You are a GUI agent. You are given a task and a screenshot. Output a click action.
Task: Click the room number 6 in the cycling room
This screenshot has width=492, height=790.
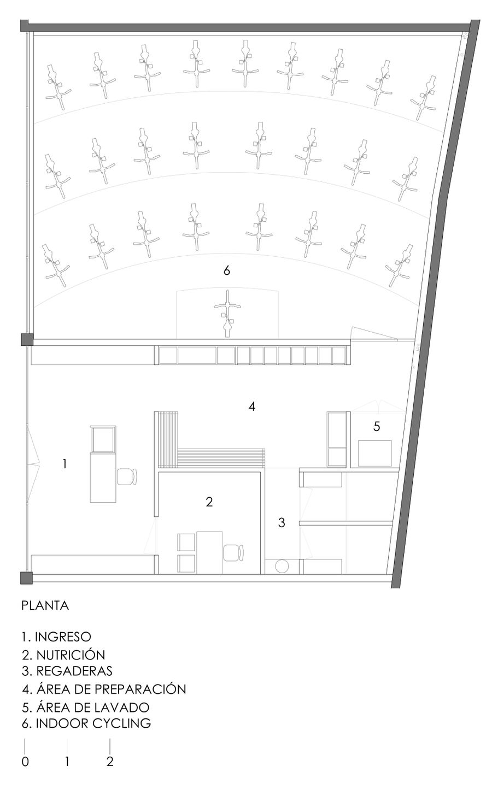[226, 270]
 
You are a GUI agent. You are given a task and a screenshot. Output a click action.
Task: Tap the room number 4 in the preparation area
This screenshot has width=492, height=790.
[251, 406]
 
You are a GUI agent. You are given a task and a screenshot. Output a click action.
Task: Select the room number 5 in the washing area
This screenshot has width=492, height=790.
[377, 426]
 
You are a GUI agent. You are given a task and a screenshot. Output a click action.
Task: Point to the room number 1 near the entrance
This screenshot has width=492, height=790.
[65, 464]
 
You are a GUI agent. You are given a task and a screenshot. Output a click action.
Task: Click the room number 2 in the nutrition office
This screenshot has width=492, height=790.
[209, 502]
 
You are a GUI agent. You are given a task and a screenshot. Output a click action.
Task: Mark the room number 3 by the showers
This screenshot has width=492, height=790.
[282, 522]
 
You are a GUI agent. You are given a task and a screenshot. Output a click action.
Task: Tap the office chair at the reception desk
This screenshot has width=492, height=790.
[126, 477]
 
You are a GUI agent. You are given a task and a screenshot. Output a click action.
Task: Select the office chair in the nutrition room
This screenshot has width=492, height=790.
[233, 553]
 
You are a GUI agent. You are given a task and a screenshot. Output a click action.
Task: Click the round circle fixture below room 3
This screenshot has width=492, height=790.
[282, 567]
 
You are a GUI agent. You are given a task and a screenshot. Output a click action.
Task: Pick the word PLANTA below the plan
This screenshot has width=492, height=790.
[45, 605]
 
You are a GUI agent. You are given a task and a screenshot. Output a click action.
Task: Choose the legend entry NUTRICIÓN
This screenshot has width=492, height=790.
[71, 655]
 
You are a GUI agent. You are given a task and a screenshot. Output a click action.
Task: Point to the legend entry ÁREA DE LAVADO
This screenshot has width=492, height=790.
[92, 707]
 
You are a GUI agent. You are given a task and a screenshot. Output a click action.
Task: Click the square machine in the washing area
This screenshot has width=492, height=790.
[375, 453]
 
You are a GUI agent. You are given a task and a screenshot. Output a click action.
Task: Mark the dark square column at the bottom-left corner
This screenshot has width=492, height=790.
[26, 578]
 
